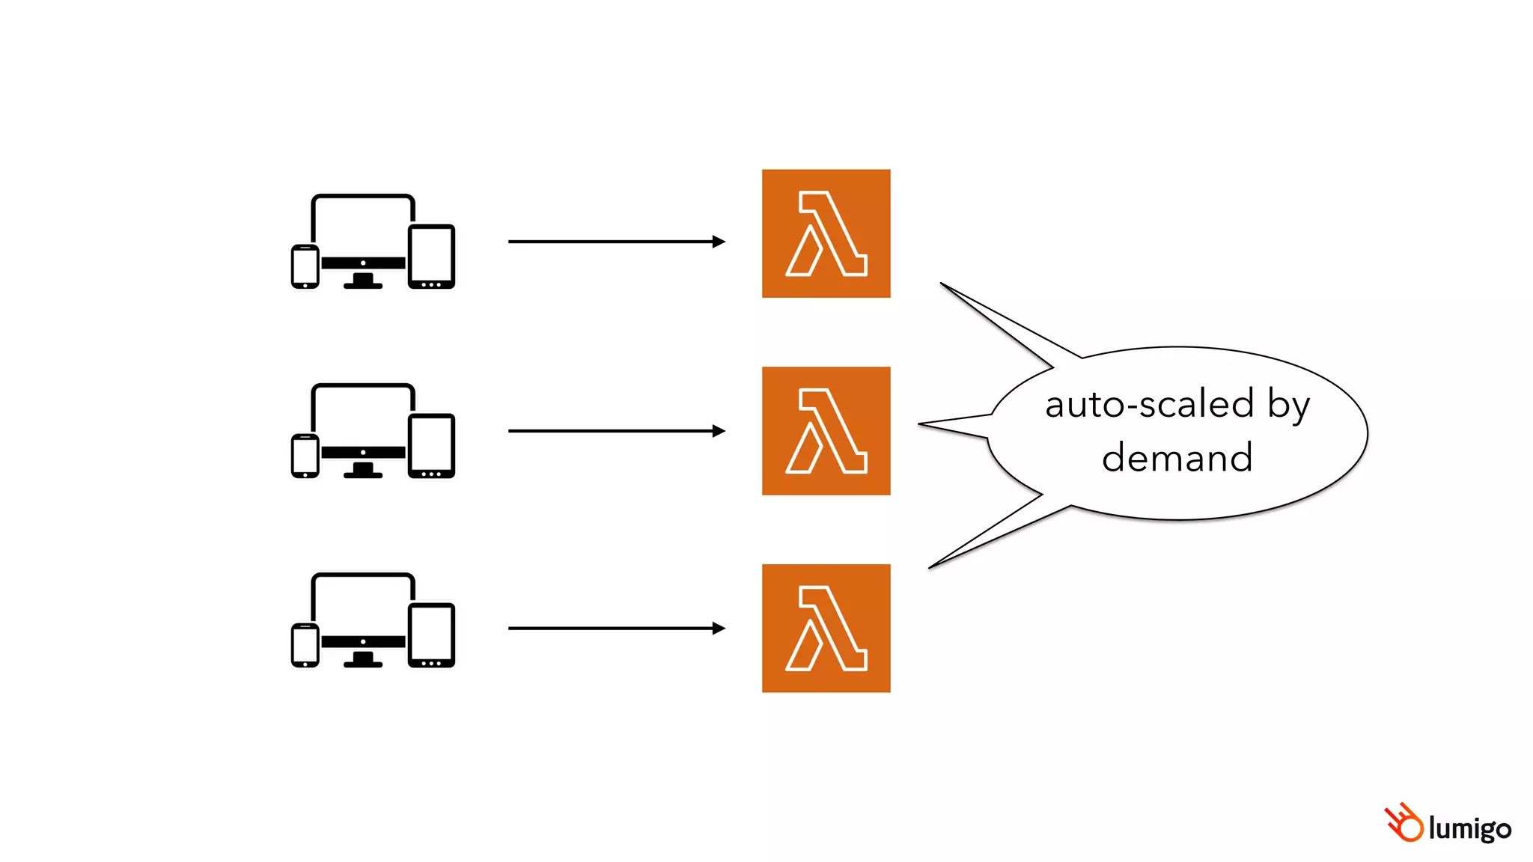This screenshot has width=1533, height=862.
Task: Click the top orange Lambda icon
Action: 826,233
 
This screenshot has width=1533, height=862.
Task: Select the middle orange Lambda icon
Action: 826,431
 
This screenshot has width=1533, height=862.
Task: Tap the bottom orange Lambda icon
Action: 826,629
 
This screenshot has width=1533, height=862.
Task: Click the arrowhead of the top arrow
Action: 719,242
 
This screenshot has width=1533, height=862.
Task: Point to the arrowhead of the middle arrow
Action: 719,431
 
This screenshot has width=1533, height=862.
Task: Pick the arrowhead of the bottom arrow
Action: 719,629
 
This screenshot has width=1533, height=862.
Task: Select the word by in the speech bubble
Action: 1288,406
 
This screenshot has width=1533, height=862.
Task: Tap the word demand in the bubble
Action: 1177,458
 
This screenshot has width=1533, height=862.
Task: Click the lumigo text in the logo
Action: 1469,829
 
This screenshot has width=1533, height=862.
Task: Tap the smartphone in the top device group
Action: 305,266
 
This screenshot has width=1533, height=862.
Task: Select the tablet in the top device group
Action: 432,257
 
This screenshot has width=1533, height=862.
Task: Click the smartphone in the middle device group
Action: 305,456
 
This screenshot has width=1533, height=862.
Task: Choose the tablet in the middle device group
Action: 432,446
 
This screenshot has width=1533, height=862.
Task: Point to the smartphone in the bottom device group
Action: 305,645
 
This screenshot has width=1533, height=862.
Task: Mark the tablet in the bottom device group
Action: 432,635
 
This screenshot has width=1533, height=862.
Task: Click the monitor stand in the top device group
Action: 363,281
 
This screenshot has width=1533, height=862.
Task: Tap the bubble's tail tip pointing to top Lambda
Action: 942,284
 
